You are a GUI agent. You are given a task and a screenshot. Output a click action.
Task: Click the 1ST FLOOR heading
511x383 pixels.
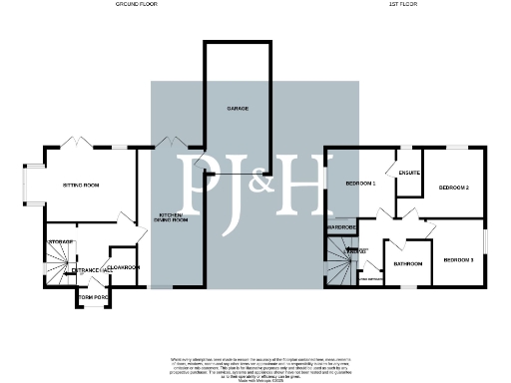point(401,5)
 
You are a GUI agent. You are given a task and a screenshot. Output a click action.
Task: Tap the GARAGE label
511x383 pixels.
point(237,107)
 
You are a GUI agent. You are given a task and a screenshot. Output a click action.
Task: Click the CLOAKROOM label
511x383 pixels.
point(124,267)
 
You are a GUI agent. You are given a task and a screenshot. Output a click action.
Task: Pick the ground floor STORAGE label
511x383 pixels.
point(59,242)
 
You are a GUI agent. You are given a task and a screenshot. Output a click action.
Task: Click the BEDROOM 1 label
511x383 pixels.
point(360,185)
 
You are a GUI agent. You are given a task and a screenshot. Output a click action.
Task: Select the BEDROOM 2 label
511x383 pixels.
point(455,187)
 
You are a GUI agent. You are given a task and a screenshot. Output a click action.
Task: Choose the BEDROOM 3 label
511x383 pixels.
point(457,259)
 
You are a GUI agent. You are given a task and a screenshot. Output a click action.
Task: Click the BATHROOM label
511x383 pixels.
point(407,264)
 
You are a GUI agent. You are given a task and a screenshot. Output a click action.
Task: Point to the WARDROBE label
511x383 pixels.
point(341,227)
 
